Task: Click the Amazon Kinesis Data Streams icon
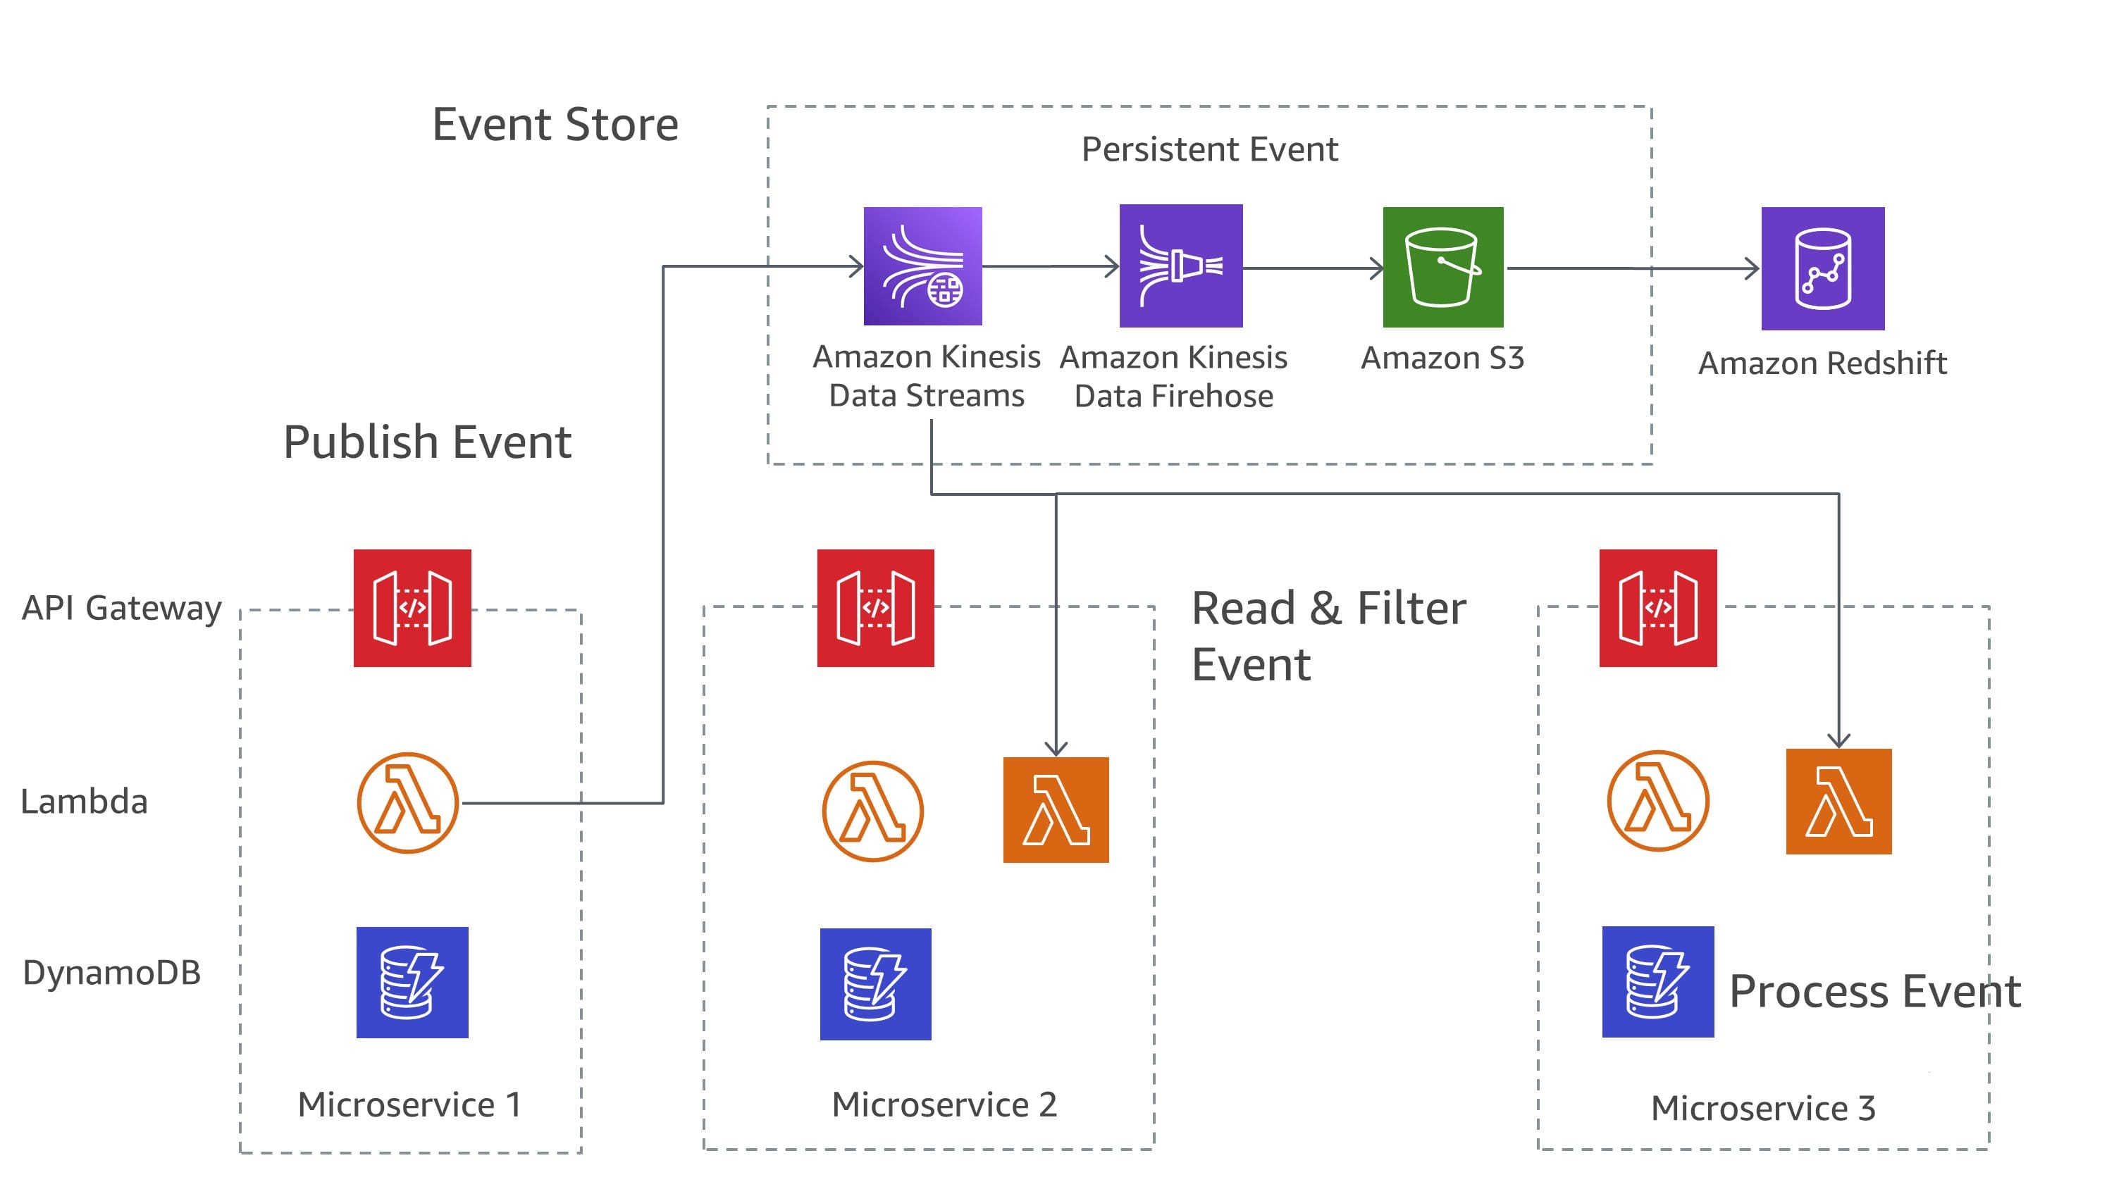(x=922, y=266)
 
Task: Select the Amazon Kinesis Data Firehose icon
(x=1180, y=266)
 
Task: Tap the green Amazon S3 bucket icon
(x=1442, y=267)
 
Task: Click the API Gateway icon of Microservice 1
(x=412, y=608)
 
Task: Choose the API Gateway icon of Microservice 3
(x=1657, y=608)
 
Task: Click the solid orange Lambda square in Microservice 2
(x=1056, y=809)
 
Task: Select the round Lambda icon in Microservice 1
(x=408, y=802)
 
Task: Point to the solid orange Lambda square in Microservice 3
(x=1838, y=801)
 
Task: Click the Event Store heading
(x=555, y=125)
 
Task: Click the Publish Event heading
(x=427, y=442)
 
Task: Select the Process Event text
(x=1874, y=991)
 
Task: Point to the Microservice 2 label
(x=944, y=1104)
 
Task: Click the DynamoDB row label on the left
(x=111, y=972)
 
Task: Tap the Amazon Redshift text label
(x=1822, y=363)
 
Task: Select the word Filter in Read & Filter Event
(x=1411, y=609)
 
